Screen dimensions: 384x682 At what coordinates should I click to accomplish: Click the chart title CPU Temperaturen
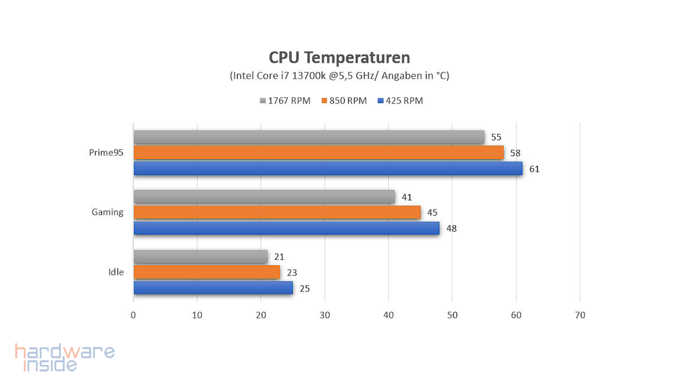pyautogui.click(x=339, y=58)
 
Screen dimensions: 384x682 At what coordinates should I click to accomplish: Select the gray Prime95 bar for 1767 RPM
pyautogui.click(x=309, y=137)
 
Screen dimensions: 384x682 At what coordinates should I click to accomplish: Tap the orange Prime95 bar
pyautogui.click(x=318, y=153)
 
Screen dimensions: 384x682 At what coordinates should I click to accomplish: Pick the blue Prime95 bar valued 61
pyautogui.click(x=328, y=168)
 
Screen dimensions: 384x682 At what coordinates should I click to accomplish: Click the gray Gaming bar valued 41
pyautogui.click(x=264, y=197)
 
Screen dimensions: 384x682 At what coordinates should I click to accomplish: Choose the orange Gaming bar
pyautogui.click(x=277, y=212)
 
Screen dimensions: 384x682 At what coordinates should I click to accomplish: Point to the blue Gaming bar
pyautogui.click(x=286, y=228)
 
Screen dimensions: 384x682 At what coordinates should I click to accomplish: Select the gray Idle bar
pyautogui.click(x=200, y=256)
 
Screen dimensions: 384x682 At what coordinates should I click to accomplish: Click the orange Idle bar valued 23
pyautogui.click(x=207, y=272)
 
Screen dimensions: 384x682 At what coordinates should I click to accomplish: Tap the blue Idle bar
pyautogui.click(x=213, y=288)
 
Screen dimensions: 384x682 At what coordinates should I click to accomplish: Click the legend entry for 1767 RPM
pyautogui.click(x=285, y=101)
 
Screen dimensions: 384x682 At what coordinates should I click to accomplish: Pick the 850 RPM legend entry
pyautogui.click(x=344, y=101)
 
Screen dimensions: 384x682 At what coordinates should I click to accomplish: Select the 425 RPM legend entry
pyautogui.click(x=400, y=101)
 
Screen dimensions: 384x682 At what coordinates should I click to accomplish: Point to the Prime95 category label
pyautogui.click(x=106, y=153)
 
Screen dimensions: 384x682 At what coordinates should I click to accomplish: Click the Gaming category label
pyautogui.click(x=107, y=212)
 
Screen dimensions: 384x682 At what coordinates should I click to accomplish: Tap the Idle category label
pyautogui.click(x=116, y=272)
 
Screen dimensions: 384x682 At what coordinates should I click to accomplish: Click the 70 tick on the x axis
pyautogui.click(x=580, y=315)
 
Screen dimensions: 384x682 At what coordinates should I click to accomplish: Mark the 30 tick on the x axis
pyautogui.click(x=325, y=315)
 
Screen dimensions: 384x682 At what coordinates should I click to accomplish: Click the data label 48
pyautogui.click(x=451, y=228)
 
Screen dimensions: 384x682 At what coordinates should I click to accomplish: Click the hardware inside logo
pyautogui.click(x=65, y=357)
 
